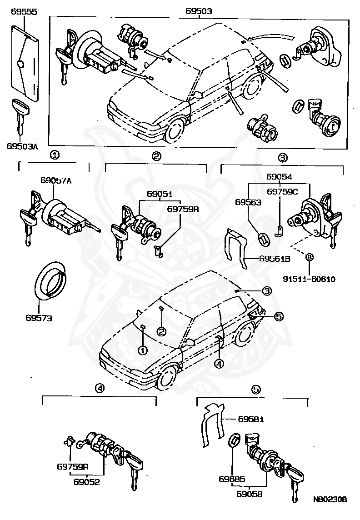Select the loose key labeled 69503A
(x=20, y=114)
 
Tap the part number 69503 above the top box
(x=199, y=11)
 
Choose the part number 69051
(x=159, y=194)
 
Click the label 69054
(x=279, y=177)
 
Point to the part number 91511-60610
(x=309, y=279)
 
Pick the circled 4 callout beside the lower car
(x=219, y=363)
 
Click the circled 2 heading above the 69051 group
(x=156, y=156)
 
